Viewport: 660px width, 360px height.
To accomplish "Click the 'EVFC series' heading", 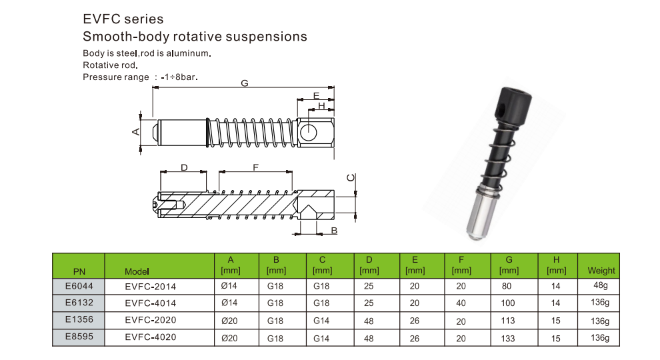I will tap(123, 19).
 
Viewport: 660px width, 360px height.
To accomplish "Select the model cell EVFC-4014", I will tap(151, 303).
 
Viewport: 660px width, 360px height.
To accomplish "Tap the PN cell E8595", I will tap(78, 337).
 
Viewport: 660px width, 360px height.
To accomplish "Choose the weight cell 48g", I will tap(599, 285).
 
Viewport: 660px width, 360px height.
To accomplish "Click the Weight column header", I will tap(601, 271).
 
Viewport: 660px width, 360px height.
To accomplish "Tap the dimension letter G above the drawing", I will tap(245, 83).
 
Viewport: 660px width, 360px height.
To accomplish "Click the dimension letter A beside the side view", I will tap(135, 131).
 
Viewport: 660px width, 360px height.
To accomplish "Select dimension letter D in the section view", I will tap(184, 167).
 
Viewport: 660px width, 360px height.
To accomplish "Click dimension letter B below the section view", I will tap(334, 231).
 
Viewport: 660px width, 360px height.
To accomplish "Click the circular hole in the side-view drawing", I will tap(309, 131).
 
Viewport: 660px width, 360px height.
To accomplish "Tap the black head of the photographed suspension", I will tap(513, 105).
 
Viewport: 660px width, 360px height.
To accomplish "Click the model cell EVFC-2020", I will tap(151, 320).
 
